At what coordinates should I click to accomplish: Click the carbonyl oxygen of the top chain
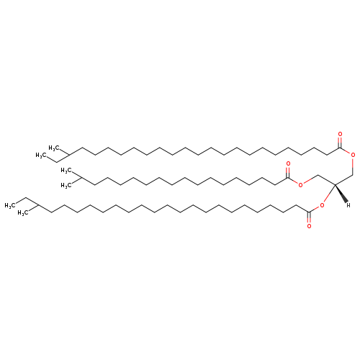[x=340, y=134]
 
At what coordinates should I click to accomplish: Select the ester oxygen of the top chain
[x=353, y=155]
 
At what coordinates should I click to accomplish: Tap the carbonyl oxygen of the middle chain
[x=288, y=164]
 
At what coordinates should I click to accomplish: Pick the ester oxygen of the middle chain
[x=301, y=185]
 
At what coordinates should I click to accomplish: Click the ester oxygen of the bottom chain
[x=322, y=205]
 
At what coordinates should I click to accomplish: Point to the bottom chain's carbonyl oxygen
[x=309, y=226]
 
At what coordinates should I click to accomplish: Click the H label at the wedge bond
[x=348, y=205]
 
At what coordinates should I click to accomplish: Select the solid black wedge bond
[x=341, y=193]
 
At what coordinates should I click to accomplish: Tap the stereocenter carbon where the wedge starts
[x=335, y=185]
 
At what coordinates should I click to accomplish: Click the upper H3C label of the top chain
[x=54, y=148]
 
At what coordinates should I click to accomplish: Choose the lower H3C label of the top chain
[x=41, y=156]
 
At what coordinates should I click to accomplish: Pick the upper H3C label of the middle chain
[x=66, y=171]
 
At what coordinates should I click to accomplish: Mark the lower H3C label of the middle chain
[x=66, y=185]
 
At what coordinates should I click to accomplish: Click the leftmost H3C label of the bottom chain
[x=10, y=205]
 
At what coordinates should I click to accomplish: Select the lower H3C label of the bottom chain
[x=23, y=213]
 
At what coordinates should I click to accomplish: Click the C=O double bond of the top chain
[x=340, y=143]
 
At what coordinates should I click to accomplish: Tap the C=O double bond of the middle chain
[x=288, y=172]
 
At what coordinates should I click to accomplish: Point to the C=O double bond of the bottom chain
[x=309, y=217]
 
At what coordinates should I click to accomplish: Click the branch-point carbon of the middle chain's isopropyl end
[x=81, y=178]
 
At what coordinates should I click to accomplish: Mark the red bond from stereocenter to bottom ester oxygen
[x=329, y=194]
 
